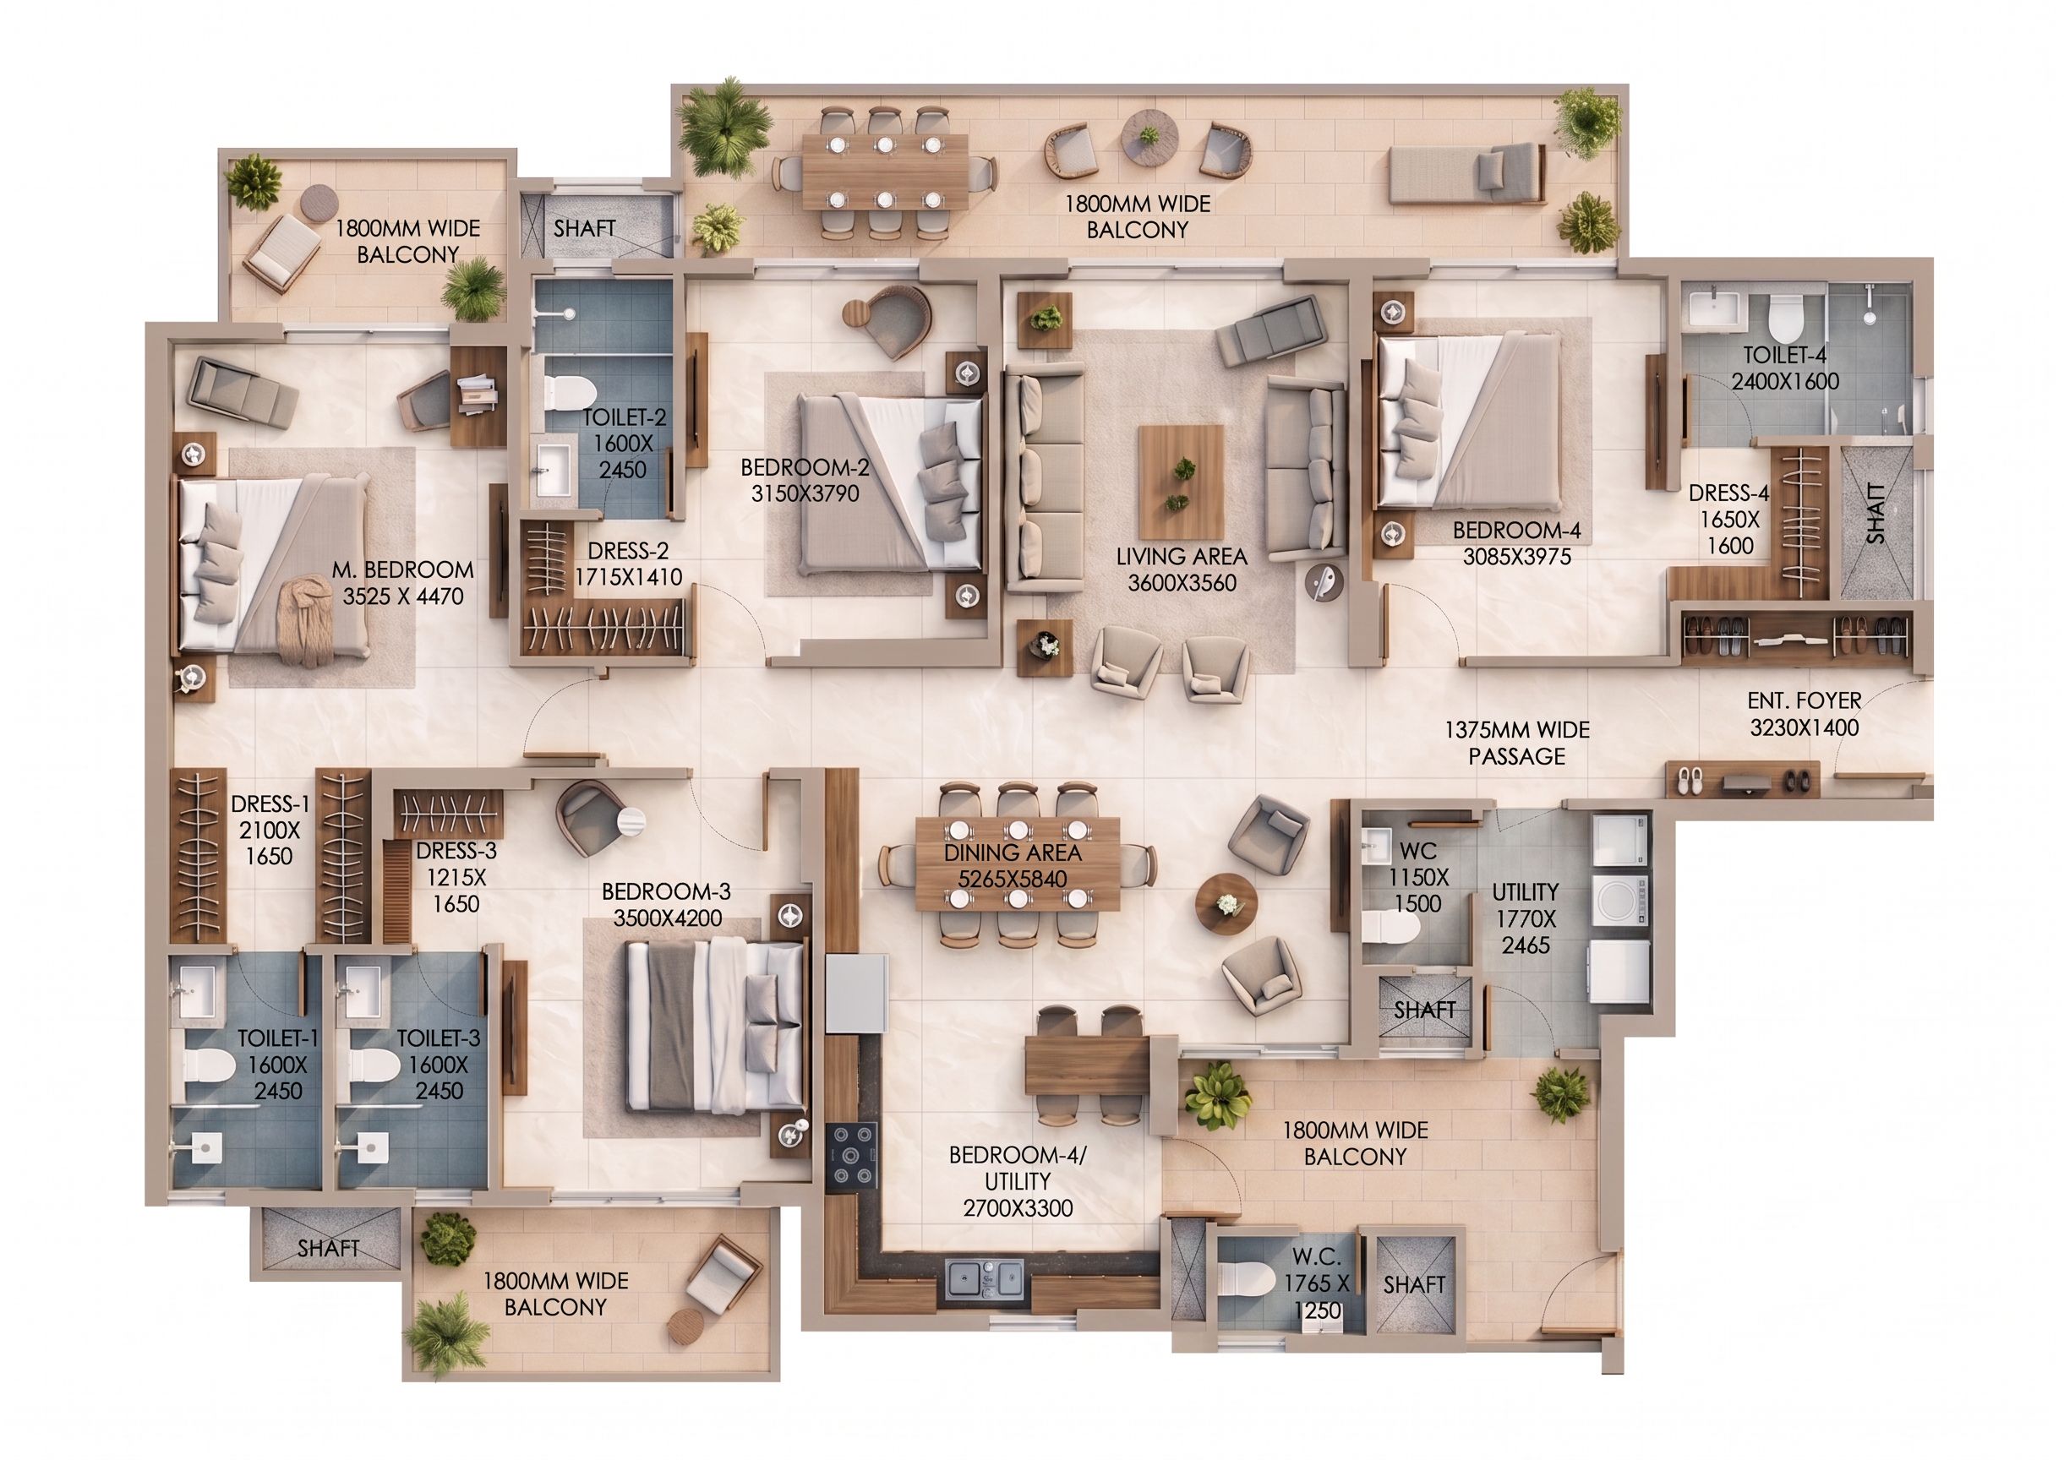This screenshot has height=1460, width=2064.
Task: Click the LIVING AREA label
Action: coord(1181,557)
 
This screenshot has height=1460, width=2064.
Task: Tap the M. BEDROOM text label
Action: coord(403,570)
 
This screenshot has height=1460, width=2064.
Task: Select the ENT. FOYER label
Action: coord(1803,700)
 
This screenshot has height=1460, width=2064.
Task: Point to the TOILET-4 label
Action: coord(1785,355)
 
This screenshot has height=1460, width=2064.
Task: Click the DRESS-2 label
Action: coord(628,551)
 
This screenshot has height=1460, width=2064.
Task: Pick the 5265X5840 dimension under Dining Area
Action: coord(1012,879)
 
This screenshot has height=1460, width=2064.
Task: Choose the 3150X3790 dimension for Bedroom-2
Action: coord(805,493)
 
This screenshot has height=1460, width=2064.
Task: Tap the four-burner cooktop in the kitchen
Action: coord(851,1155)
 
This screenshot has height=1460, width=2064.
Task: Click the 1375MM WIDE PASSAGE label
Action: coord(1516,743)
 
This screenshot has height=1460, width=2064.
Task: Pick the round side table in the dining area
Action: coord(1226,903)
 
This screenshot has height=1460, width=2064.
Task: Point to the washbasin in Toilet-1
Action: coord(194,987)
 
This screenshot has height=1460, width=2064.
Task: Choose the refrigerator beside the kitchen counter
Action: coord(856,994)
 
